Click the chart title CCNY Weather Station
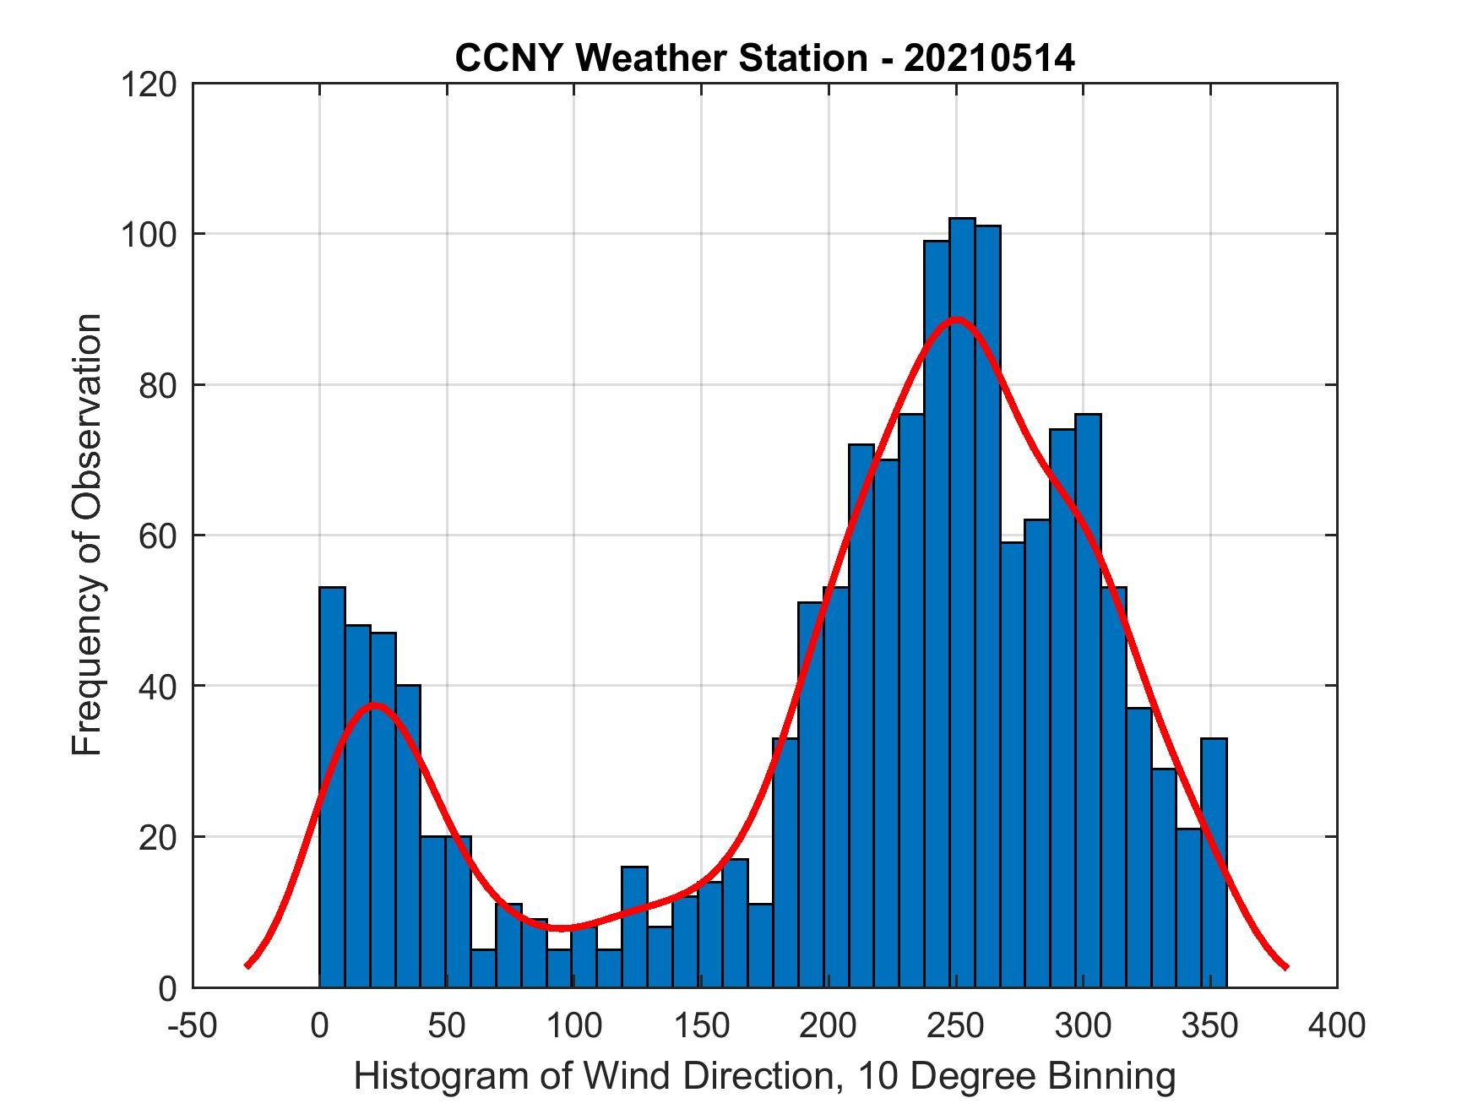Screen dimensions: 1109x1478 [x=660, y=58]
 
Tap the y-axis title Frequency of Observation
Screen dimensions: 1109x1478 [x=87, y=534]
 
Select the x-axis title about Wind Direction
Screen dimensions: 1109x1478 [x=764, y=1076]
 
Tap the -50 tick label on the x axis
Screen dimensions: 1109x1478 [x=193, y=1025]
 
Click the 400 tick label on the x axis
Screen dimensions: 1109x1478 [x=1337, y=1025]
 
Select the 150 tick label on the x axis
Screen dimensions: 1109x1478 [x=701, y=1025]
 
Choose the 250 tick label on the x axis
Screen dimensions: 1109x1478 [x=956, y=1025]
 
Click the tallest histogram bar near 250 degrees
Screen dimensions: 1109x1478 [x=962, y=591]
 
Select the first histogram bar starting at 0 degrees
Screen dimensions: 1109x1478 [x=332, y=786]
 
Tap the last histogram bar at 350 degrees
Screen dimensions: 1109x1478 [x=1214, y=862]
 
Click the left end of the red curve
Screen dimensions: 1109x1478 [x=247, y=965]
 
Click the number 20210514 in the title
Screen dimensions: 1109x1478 [x=989, y=58]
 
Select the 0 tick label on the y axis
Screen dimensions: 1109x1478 [x=167, y=988]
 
